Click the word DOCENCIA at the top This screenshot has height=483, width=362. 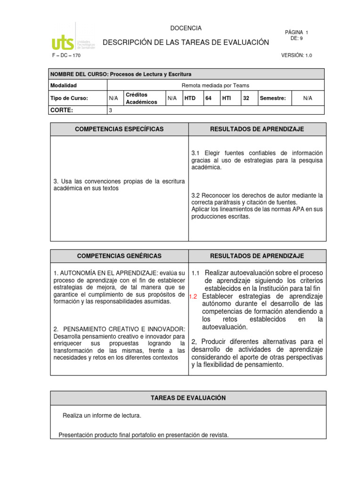click(x=186, y=28)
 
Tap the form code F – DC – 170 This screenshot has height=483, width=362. click(x=66, y=56)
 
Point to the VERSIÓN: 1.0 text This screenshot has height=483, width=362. click(x=296, y=56)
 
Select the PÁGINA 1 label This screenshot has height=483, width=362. click(x=296, y=32)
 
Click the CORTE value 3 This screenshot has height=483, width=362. click(x=111, y=110)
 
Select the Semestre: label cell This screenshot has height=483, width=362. click(x=273, y=98)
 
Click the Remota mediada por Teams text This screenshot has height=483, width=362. click(x=215, y=85)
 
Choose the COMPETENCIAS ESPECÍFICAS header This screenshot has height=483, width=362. click(x=119, y=129)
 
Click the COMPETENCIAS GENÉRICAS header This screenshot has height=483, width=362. click(x=119, y=256)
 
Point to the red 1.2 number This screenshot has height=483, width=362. click(x=192, y=297)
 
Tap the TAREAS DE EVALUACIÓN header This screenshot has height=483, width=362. click(x=188, y=398)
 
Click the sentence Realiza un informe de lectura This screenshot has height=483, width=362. click(x=102, y=416)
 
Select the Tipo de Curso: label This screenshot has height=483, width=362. click(x=69, y=98)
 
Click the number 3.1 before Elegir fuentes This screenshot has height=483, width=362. click(x=196, y=153)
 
